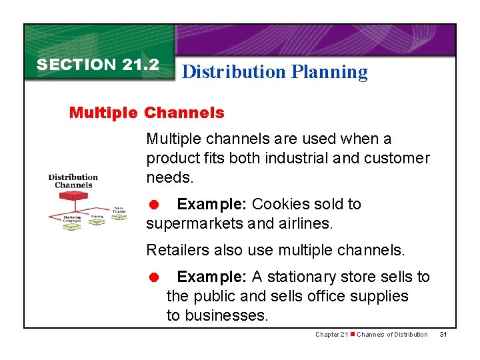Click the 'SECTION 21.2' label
tap(97, 65)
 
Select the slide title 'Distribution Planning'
tap(274, 72)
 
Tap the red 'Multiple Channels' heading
tap(147, 113)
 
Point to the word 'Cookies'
tap(279, 204)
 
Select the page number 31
tap(443, 334)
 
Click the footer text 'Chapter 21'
tap(331, 334)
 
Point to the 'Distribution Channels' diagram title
tap(73, 181)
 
